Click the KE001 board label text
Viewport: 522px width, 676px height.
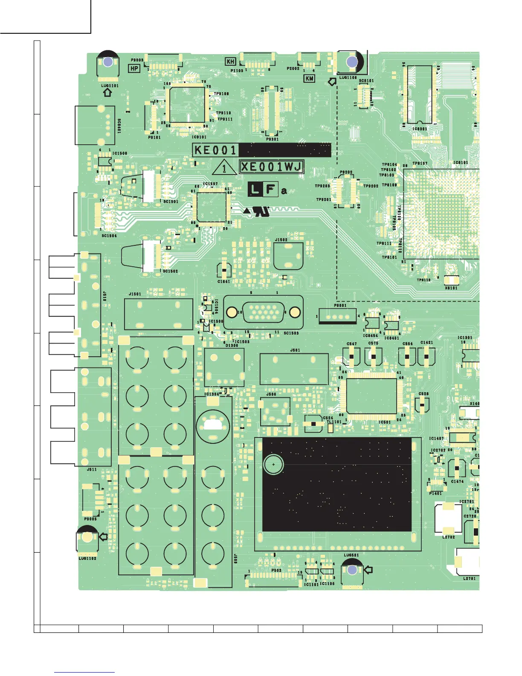coord(215,150)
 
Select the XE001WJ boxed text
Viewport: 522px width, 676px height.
coord(272,167)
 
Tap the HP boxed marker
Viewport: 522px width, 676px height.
coord(134,68)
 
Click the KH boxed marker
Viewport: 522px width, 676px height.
coord(231,62)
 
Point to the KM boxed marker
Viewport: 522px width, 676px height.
coord(309,79)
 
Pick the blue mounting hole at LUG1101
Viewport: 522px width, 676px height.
coord(108,62)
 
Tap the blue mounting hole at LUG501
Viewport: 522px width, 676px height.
coord(352,570)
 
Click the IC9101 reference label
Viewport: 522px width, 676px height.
coord(199,137)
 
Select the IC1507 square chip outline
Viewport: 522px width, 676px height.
coord(211,207)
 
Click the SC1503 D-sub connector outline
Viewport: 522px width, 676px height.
coord(263,312)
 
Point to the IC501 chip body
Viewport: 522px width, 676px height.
coord(371,396)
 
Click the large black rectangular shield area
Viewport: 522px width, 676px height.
coord(337,484)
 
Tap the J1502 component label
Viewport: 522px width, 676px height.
coord(281,240)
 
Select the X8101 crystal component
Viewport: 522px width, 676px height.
coord(451,280)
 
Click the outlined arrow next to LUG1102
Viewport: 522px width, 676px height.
coord(103,537)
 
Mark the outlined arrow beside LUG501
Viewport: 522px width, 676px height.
coord(368,569)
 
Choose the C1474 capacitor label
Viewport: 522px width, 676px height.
coord(457,481)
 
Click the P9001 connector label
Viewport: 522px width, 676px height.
coord(340,306)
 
